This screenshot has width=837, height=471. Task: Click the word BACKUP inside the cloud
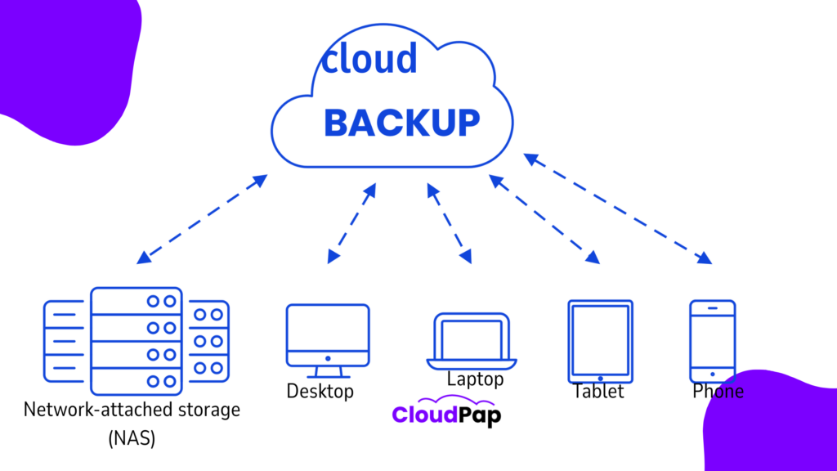401,123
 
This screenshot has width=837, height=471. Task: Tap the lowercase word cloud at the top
369,58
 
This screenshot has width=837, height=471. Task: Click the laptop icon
471,341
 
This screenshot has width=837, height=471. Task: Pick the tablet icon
600,340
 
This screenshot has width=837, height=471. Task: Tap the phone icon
712,340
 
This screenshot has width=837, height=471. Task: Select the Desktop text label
320,392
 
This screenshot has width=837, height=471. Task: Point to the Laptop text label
475,379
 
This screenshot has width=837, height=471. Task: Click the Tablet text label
598,392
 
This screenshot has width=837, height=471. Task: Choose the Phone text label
718,392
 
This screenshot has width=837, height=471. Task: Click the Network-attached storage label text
132,409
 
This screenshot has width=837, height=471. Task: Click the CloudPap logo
446,414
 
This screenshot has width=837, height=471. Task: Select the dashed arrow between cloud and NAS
202,219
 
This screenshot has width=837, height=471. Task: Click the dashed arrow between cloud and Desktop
351,223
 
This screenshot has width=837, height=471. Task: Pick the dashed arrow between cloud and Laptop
449,223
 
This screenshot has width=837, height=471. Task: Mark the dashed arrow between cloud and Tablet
544,219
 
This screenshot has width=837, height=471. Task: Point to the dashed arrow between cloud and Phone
618,209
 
